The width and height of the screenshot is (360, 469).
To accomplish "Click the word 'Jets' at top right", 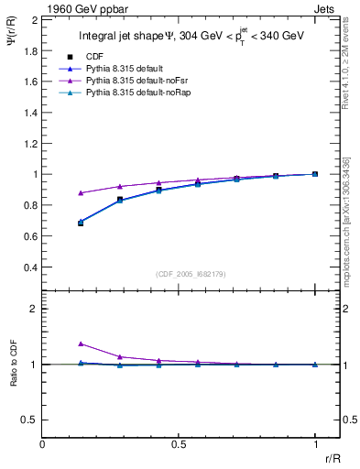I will [x=326, y=9].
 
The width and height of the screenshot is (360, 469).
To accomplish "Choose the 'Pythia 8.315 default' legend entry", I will [x=124, y=69].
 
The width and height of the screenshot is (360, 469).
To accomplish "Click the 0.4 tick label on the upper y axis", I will [x=30, y=267].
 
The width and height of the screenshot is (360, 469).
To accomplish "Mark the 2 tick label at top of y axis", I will [x=34, y=18].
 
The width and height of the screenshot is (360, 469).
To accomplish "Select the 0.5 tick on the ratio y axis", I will [x=30, y=420].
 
